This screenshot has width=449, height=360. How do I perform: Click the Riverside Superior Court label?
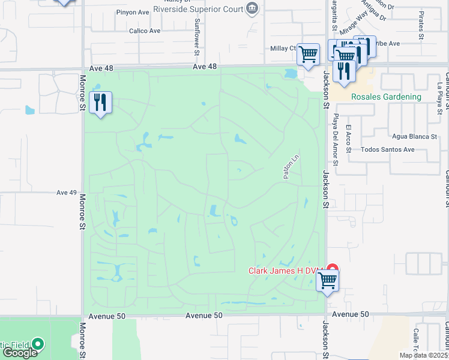pyautogui.click(x=198, y=9)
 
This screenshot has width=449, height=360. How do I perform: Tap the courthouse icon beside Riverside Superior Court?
pyautogui.click(x=252, y=8)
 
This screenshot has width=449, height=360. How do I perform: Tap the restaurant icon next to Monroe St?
pyautogui.click(x=100, y=103)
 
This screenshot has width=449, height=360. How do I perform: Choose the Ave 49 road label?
pyautogui.click(x=67, y=193)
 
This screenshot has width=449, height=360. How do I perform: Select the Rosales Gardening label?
pyautogui.click(x=378, y=97)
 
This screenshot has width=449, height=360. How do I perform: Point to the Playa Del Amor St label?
pyautogui.click(x=336, y=140)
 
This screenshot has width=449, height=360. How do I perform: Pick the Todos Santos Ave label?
pyautogui.click(x=388, y=149)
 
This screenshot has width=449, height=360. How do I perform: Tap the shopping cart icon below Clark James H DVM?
pyautogui.click(x=328, y=280)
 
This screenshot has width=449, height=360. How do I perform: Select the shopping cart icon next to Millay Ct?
pyautogui.click(x=309, y=55)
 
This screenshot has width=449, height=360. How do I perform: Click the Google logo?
pyautogui.click(x=20, y=353)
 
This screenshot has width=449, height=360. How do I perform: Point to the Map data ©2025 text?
pyautogui.click(x=424, y=355)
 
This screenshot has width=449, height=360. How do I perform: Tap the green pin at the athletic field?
pyautogui.click(x=38, y=344)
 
